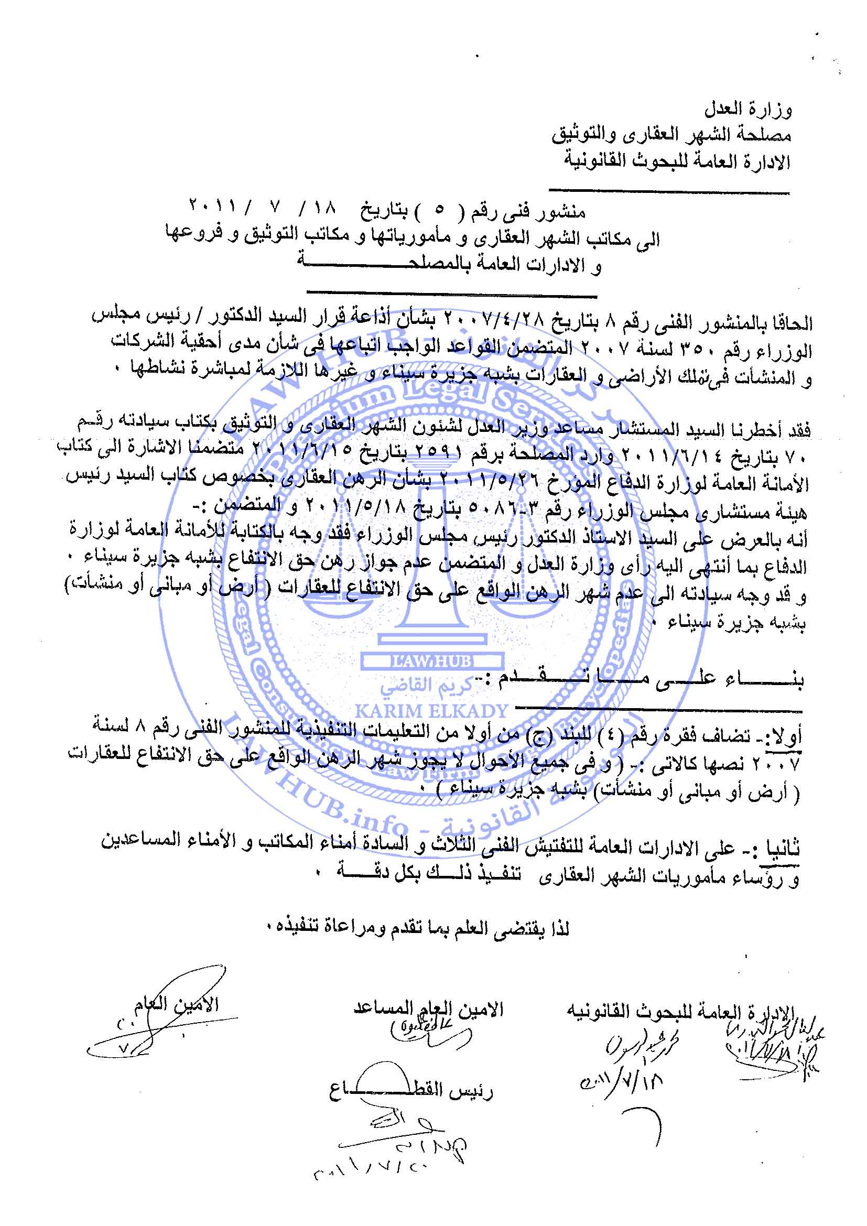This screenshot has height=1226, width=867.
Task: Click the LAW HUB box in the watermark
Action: tap(431, 661)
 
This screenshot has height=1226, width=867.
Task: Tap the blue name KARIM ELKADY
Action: tap(431, 711)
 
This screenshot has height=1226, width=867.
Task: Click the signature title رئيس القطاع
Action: tap(411, 1091)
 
